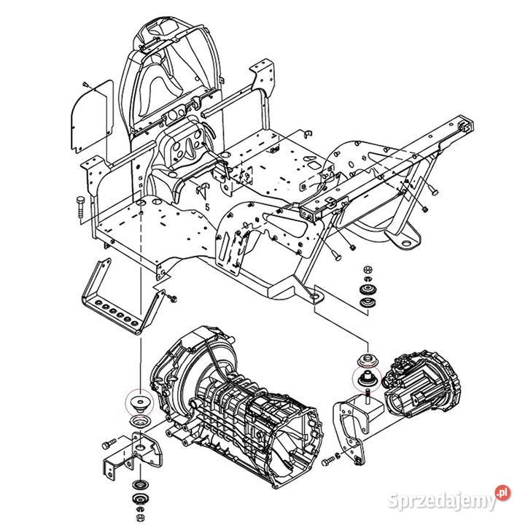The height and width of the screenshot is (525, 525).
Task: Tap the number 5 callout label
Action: (x=207, y=207)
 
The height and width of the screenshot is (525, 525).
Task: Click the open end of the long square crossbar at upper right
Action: (x=464, y=124)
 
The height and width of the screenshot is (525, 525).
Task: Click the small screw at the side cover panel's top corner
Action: (x=85, y=85)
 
